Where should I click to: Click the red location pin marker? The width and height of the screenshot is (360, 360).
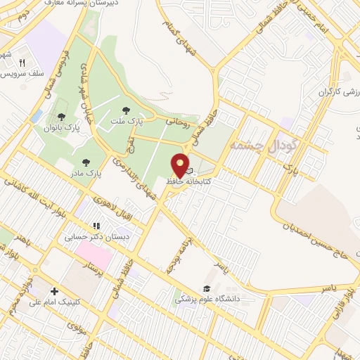click(x=180, y=165)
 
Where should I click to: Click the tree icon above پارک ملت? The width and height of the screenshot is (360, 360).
click(x=126, y=110)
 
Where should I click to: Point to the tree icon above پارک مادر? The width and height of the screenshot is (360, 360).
click(x=85, y=162)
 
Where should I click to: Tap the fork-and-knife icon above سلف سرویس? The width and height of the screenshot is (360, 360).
click(x=22, y=63)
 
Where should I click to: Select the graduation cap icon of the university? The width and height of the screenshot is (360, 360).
click(x=206, y=288)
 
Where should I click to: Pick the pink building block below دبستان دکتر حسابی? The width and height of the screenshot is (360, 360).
click(x=94, y=250)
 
